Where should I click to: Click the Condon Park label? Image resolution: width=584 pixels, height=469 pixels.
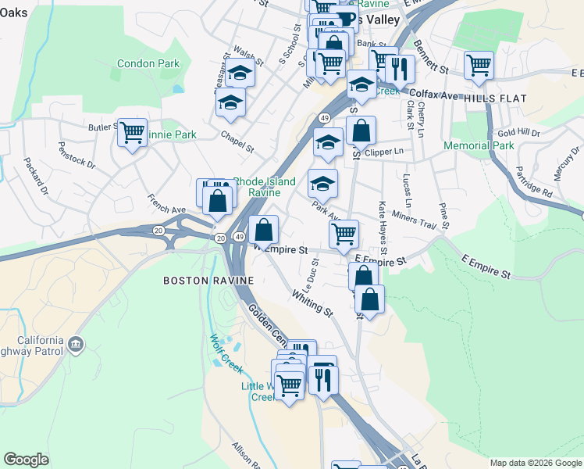148,64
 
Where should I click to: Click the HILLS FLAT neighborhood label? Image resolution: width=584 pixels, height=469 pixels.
495,98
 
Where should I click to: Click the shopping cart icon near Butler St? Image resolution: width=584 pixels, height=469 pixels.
133,131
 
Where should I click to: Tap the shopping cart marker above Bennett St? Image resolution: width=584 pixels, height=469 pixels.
478,65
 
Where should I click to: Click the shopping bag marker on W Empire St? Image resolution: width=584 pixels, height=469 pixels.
264,229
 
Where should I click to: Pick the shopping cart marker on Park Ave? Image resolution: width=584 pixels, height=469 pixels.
344,232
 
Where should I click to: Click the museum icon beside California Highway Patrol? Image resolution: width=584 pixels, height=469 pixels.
76,343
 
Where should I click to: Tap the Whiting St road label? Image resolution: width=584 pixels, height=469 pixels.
312,303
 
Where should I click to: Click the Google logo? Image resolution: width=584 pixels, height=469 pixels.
26,460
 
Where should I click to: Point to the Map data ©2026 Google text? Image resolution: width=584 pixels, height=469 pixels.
535,463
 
